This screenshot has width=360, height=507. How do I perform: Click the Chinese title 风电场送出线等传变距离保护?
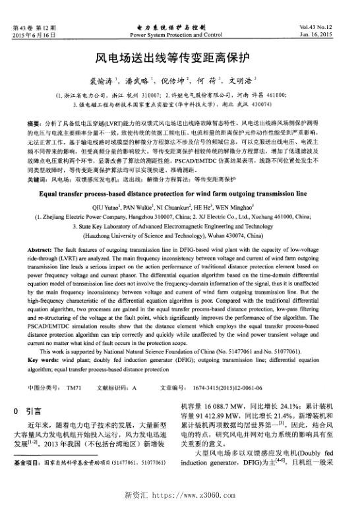179,59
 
